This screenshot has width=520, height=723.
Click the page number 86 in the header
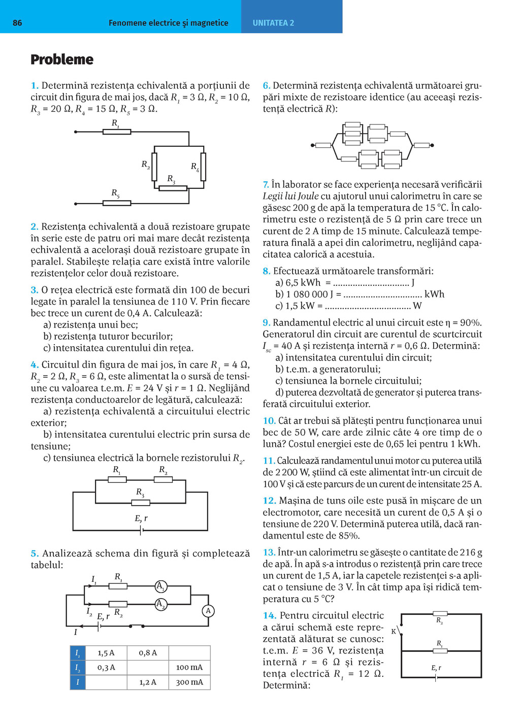pos(17,23)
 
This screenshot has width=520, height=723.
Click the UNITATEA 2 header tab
pos(273,23)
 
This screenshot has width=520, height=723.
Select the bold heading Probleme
pos(62,59)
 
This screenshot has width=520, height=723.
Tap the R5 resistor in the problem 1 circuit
pos(117,203)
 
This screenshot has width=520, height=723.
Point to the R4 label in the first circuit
pos(195,167)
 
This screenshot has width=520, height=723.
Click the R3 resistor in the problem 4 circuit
pos(141,503)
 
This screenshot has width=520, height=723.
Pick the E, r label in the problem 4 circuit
pos(141,518)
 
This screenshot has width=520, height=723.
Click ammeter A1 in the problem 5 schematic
pos(160,587)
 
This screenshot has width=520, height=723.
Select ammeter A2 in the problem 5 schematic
pos(160,604)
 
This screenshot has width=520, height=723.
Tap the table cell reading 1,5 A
pos(106,653)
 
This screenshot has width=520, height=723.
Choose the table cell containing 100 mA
pos(189,667)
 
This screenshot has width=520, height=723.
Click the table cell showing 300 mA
pos(189,682)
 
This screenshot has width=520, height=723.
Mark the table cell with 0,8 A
pos(148,653)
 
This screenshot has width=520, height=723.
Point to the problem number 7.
pos(266,185)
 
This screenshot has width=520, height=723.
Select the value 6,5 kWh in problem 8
pos(303,283)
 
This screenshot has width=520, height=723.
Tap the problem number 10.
pos(269,421)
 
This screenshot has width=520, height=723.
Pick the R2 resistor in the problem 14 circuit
pos(440,614)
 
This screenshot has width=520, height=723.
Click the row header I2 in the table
pos(78,667)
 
